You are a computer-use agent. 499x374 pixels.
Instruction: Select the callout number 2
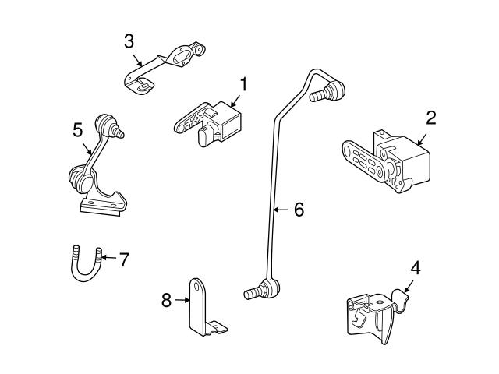click(430, 118)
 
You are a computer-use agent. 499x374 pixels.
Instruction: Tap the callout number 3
click(129, 41)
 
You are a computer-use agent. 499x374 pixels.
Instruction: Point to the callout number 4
click(415, 267)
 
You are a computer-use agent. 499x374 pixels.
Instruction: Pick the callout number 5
click(78, 129)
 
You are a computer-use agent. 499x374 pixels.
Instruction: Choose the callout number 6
click(298, 210)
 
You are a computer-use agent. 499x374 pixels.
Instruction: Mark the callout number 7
click(123, 259)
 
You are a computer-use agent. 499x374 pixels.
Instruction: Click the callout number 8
click(166, 299)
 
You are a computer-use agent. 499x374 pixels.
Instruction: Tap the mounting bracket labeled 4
click(374, 315)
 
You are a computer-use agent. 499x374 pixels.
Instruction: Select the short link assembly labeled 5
click(101, 171)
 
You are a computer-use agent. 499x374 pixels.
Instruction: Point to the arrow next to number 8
click(182, 299)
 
